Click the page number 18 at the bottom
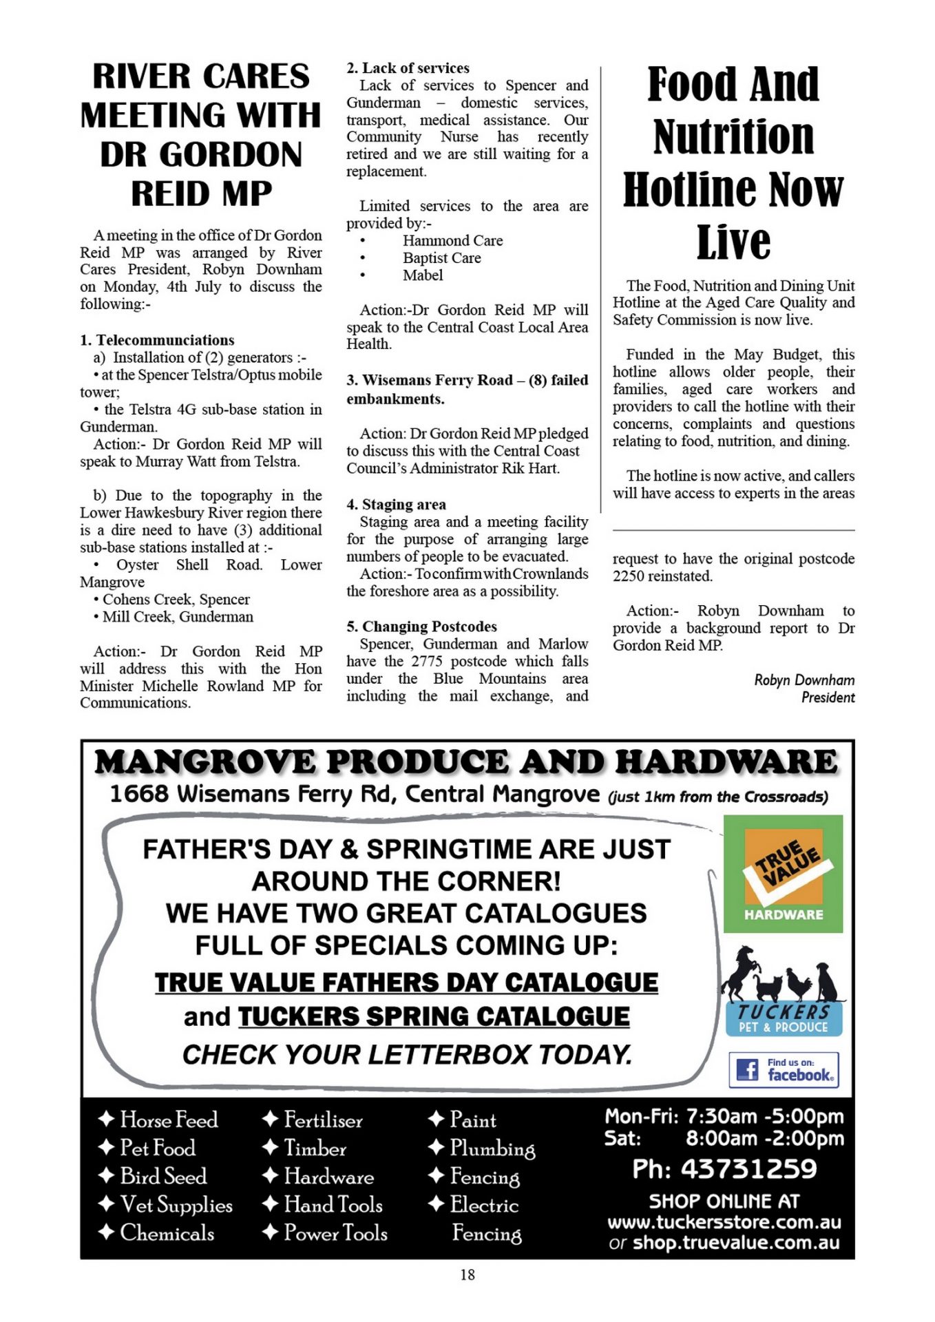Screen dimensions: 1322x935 [x=467, y=1274]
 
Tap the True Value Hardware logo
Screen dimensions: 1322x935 [x=783, y=874]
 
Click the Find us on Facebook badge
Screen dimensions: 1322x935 [x=784, y=1069]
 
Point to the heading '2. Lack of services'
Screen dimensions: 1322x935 [x=408, y=68]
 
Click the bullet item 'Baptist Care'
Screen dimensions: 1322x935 [x=442, y=258]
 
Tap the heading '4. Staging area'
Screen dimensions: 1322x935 [x=397, y=505]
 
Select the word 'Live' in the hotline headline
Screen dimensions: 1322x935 [x=733, y=242]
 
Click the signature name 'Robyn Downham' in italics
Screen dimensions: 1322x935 [x=804, y=680]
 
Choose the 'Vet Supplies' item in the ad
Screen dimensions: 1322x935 [x=176, y=1204]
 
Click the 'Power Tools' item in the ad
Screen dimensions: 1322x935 [x=335, y=1232]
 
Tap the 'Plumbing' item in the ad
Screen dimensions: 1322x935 [x=492, y=1148]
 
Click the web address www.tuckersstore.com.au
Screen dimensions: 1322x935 [x=724, y=1222]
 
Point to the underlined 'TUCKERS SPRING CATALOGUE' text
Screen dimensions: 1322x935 [x=434, y=1017]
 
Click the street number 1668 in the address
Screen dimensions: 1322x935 [x=139, y=794]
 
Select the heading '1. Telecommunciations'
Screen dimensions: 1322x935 [x=157, y=340]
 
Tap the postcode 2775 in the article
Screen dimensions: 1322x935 [x=428, y=661]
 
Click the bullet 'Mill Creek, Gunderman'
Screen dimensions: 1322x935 [x=178, y=617]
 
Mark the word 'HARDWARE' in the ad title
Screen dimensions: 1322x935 [x=726, y=762]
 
